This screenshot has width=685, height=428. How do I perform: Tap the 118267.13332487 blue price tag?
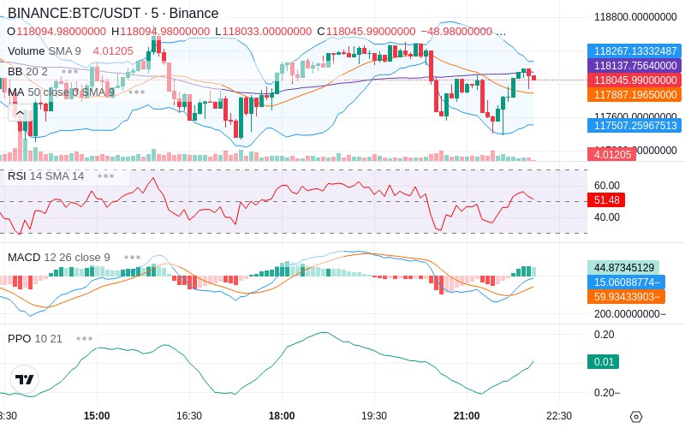[x=634, y=51]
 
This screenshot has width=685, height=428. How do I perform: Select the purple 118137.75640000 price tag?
[x=634, y=65]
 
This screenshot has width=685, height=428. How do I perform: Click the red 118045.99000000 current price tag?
[x=634, y=80]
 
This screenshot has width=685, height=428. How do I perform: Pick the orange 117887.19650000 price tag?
[x=634, y=94]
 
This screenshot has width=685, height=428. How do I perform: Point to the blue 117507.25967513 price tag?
[x=634, y=125]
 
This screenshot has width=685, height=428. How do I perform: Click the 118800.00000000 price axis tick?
[x=635, y=16]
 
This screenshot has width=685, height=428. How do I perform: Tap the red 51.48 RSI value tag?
[x=606, y=199]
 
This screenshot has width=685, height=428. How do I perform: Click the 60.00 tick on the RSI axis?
[x=606, y=185]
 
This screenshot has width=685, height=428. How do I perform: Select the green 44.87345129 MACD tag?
[x=623, y=267]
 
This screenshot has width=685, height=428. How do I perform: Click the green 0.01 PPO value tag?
[x=605, y=362]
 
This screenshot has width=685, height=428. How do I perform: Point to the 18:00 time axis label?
[x=281, y=415]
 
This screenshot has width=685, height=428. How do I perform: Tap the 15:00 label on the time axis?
[x=97, y=415]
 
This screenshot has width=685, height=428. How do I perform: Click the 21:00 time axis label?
[x=467, y=415]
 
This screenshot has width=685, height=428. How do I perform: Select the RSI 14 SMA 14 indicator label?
[x=46, y=175]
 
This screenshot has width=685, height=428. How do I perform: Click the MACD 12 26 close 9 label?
[x=59, y=257]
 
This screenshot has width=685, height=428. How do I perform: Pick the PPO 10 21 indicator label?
[x=35, y=338]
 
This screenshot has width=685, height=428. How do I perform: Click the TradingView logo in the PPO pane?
[x=25, y=379]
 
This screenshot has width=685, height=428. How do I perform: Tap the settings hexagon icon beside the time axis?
[x=635, y=417]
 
